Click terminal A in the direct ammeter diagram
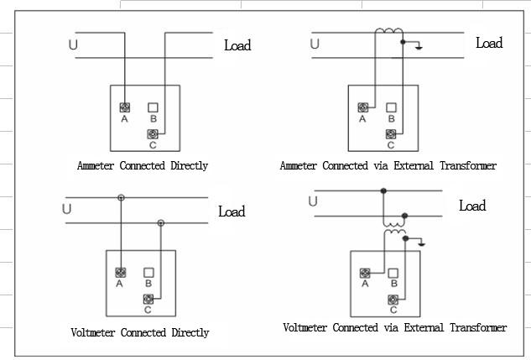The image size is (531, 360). pyautogui.click(x=125, y=107)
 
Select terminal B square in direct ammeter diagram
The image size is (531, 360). pyautogui.click(x=154, y=107)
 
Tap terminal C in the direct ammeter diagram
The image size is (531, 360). pyautogui.click(x=154, y=134)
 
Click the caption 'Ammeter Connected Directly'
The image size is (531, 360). pyautogui.click(x=143, y=165)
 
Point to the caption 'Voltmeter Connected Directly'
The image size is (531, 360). pyautogui.click(x=140, y=332)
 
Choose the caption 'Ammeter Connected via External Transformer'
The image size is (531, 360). pyautogui.click(x=388, y=165)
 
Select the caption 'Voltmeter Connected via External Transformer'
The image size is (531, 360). pyautogui.click(x=394, y=327)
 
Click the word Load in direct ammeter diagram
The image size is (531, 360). pyautogui.click(x=237, y=45)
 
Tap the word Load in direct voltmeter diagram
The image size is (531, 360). pyautogui.click(x=232, y=211)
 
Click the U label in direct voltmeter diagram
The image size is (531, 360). pyautogui.click(x=67, y=209)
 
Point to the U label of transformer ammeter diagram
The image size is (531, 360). pyautogui.click(x=315, y=44)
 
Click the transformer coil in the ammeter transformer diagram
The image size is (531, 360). pyautogui.click(x=388, y=33)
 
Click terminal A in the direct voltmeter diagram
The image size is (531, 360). pyautogui.click(x=121, y=272)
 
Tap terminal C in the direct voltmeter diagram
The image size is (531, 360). pyautogui.click(x=148, y=299)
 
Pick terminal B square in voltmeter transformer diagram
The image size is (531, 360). pyautogui.click(x=393, y=272)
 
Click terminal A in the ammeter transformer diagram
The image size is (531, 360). pyautogui.click(x=362, y=107)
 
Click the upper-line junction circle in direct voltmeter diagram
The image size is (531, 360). pyautogui.click(x=121, y=198)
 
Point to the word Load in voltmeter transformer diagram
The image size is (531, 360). pyautogui.click(x=472, y=206)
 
